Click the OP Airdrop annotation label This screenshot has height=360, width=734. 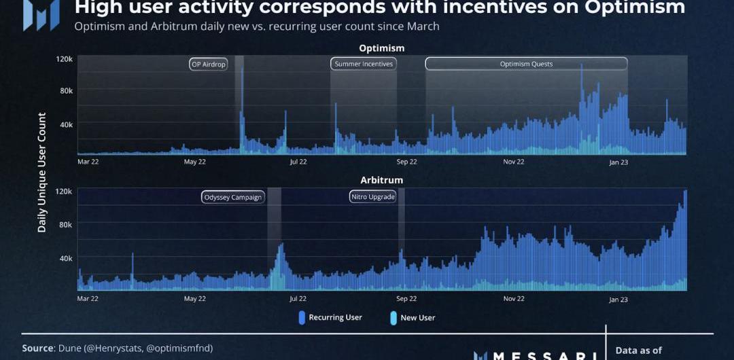point(208,64)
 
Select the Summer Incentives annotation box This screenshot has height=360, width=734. point(364,64)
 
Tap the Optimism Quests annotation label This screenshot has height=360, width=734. point(526,64)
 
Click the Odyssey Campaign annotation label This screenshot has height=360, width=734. point(232,198)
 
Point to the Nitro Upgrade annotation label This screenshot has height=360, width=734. point(372,197)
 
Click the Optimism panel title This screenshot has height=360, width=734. point(381,48)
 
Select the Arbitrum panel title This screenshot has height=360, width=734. point(381,180)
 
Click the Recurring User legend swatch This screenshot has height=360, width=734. point(302,317)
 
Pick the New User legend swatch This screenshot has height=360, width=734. point(394,317)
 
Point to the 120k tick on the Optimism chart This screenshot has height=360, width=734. point(64,59)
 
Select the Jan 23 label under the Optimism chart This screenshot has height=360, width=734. point(618,162)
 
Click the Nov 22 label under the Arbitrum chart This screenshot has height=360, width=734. point(514,298)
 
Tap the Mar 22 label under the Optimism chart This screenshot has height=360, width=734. point(88,162)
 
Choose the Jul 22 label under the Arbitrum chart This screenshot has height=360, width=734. point(298,298)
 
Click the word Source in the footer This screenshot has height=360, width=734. point(37,348)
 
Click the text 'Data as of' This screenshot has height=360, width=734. point(638,350)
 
